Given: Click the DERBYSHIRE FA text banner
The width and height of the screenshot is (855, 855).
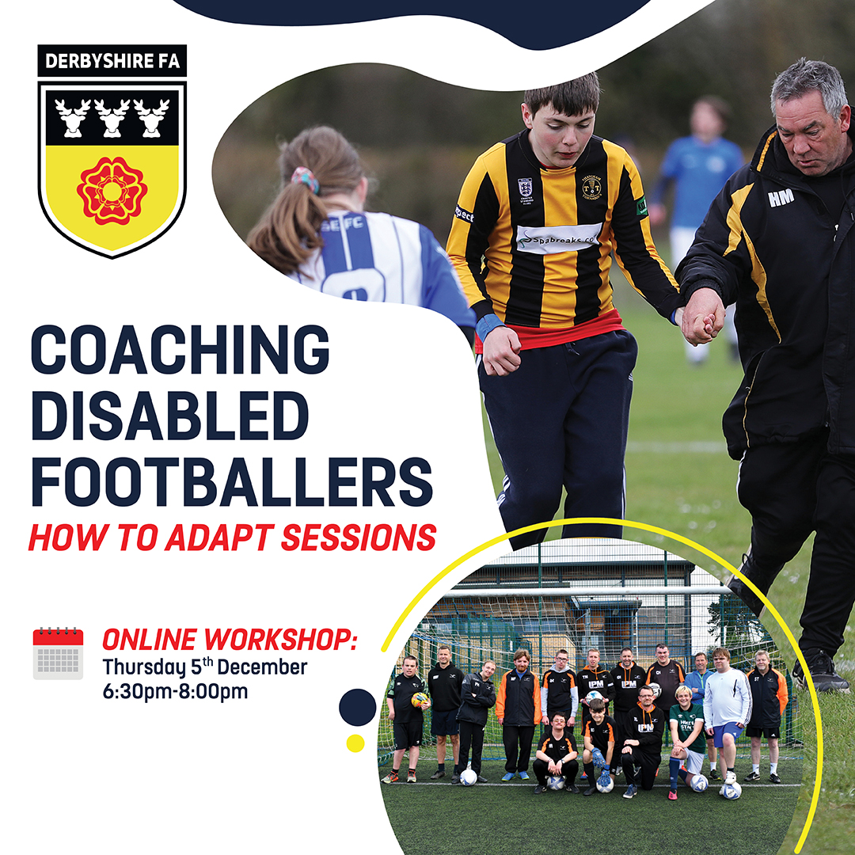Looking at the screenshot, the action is coord(112,60).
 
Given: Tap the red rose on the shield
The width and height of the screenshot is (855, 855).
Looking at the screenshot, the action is coord(112,191).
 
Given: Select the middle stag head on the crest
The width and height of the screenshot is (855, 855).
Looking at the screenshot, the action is coord(112,117).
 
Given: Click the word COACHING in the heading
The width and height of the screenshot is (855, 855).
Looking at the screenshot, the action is coord(180,350).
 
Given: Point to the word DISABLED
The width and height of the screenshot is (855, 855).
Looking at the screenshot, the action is coord(170,416).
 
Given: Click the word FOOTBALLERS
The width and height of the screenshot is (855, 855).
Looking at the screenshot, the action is coord(232,482).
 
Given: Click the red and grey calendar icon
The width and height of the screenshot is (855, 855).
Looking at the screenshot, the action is coord(58,653).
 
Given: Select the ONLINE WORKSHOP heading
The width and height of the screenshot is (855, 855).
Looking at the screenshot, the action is coord(230,639).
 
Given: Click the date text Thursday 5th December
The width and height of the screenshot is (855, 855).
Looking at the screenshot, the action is coord(205,667).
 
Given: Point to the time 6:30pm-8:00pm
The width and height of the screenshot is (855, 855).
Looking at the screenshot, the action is coord(175,691).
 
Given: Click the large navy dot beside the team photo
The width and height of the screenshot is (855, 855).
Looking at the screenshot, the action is coord(358,707).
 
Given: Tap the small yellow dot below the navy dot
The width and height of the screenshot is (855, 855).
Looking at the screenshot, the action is coord(355,743).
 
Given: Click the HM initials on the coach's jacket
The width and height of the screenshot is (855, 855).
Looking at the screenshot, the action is coord(781,198).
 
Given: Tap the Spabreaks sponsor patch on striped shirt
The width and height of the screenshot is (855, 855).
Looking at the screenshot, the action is coord(558,238).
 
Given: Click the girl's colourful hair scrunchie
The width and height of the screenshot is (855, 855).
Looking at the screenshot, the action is coord(306,180).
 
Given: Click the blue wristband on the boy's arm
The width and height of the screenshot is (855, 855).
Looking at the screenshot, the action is coord(490,326).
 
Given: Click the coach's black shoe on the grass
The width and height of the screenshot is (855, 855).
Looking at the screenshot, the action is coord(819,671).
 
